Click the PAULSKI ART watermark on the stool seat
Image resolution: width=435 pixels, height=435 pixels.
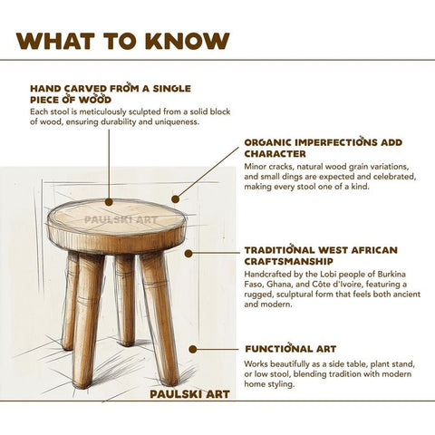click(121, 218)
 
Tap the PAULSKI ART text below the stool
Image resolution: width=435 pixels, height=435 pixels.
click(190, 393)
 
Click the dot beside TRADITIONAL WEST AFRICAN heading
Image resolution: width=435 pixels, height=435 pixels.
click(188, 254)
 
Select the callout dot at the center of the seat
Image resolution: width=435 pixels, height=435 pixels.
click(109, 202)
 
